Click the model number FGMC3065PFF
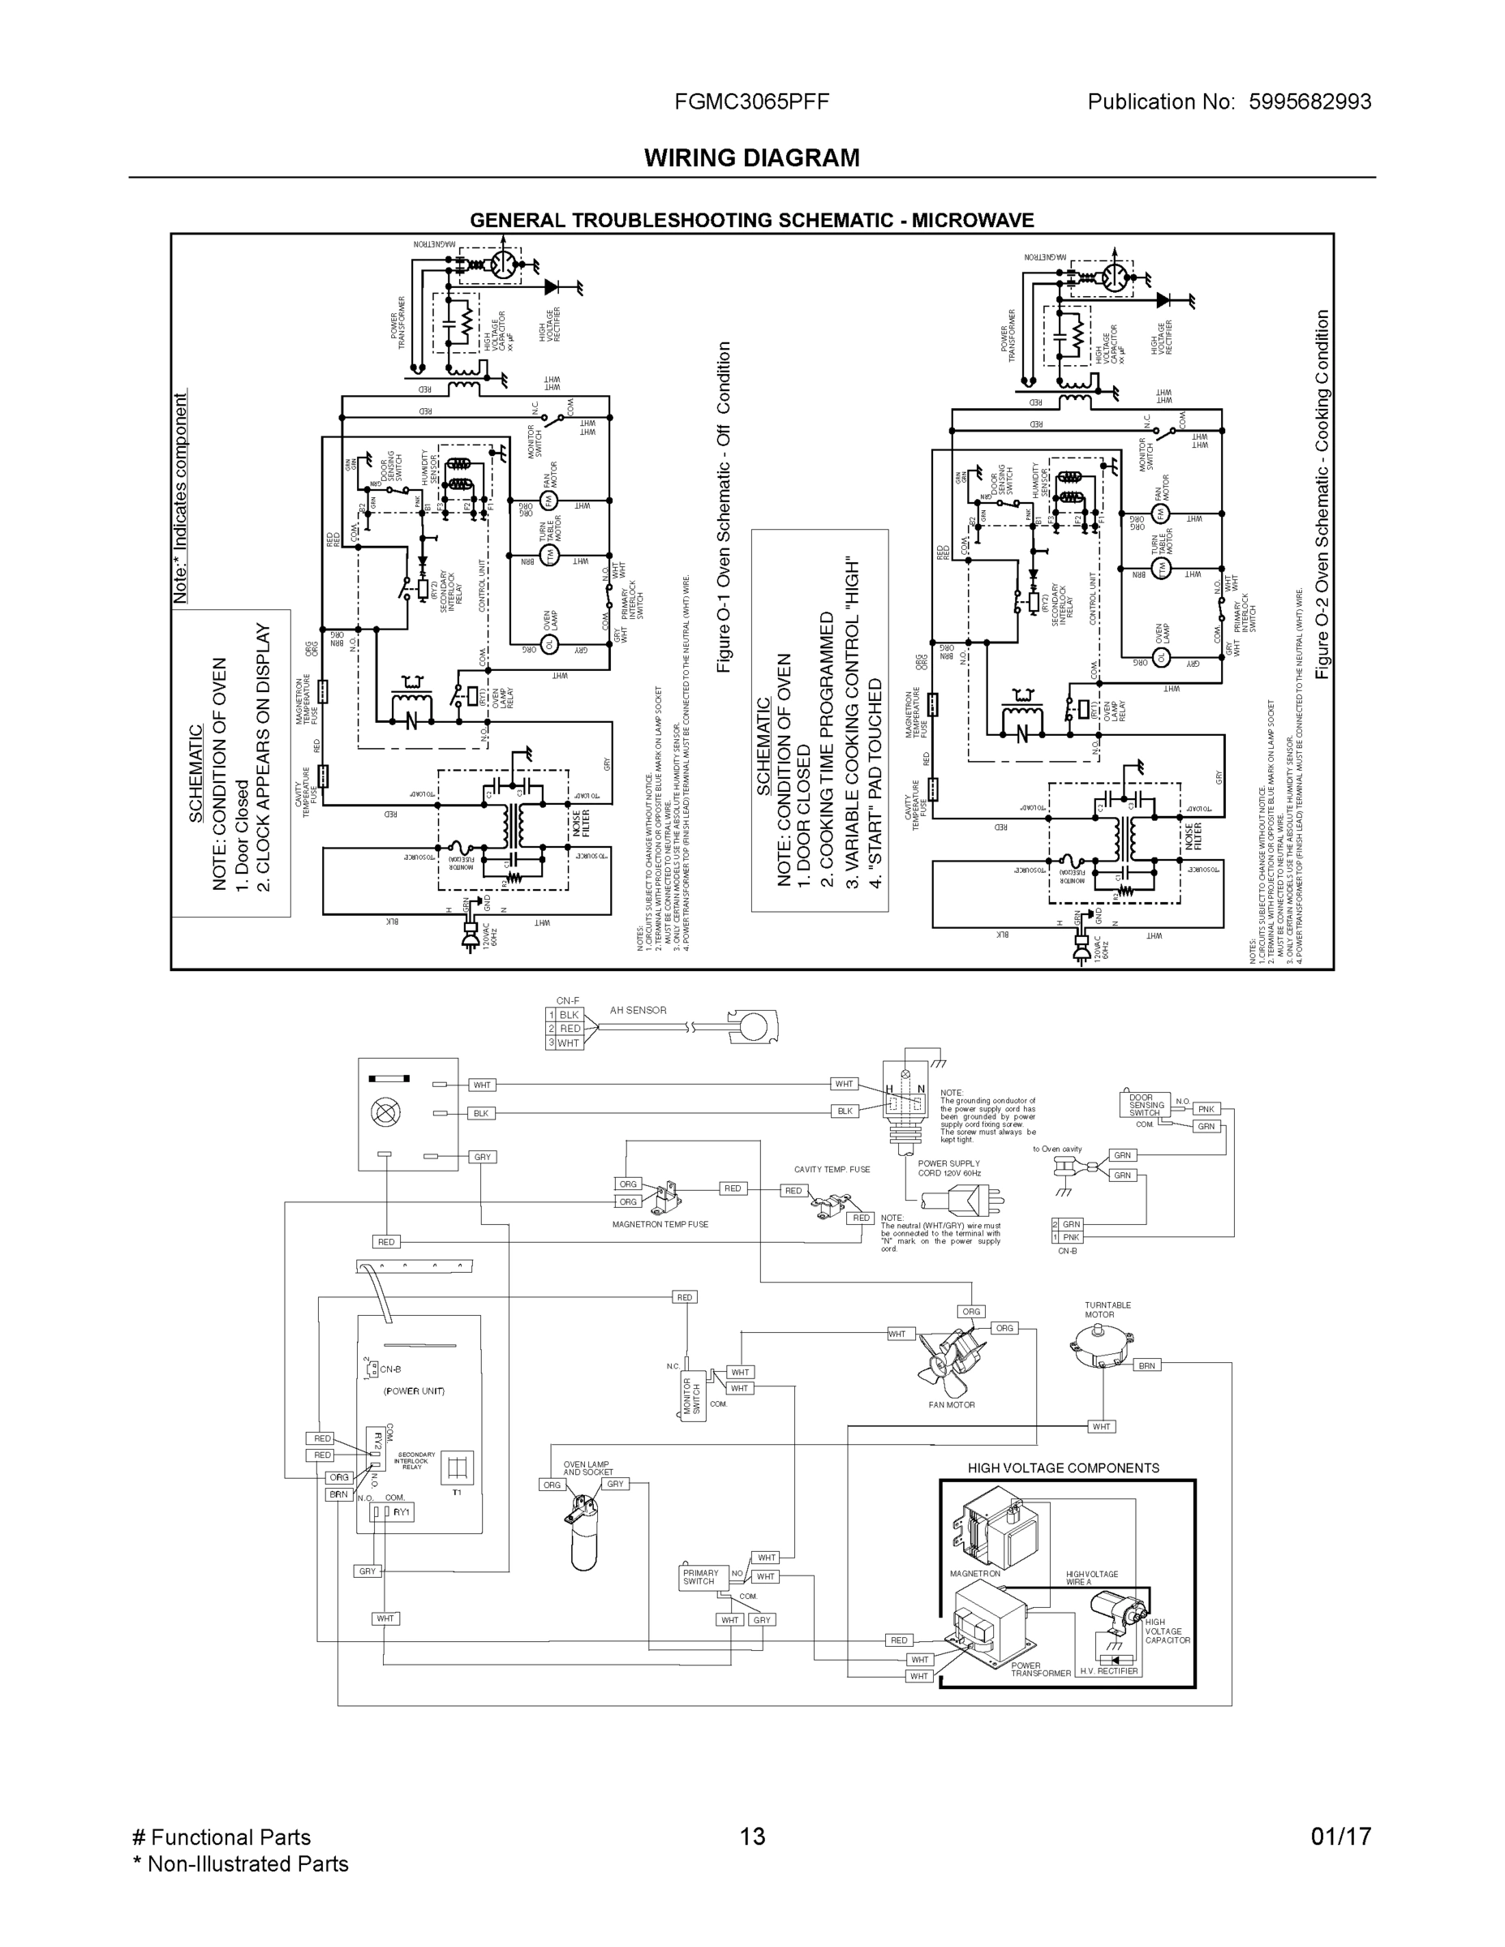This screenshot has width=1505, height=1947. pos(751,101)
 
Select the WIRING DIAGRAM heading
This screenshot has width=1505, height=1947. pos(751,158)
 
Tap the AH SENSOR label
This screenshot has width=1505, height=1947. pos(638,1010)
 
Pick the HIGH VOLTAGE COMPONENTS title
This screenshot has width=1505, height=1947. pos(1063,1468)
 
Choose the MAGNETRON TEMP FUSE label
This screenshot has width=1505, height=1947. pos(660,1224)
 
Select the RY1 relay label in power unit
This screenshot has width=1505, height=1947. pos(402,1512)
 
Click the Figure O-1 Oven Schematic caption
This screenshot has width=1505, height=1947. pos(724,508)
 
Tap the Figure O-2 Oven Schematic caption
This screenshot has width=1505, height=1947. pos(1322,495)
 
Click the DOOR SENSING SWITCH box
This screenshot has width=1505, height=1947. pos(1146,1105)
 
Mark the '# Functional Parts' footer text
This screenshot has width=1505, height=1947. pos(221,1837)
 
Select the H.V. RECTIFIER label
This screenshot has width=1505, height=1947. pos(1108,1670)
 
